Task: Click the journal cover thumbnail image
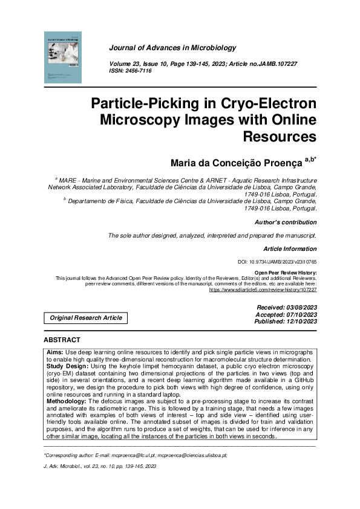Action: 63,57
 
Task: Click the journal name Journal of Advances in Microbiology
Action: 172,48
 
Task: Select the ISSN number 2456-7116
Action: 139,71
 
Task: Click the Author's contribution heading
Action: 287,222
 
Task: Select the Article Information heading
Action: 290,248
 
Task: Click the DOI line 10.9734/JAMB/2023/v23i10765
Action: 278,262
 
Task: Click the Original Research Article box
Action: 86,317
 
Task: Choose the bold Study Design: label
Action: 67,366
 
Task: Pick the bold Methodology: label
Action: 67,401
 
